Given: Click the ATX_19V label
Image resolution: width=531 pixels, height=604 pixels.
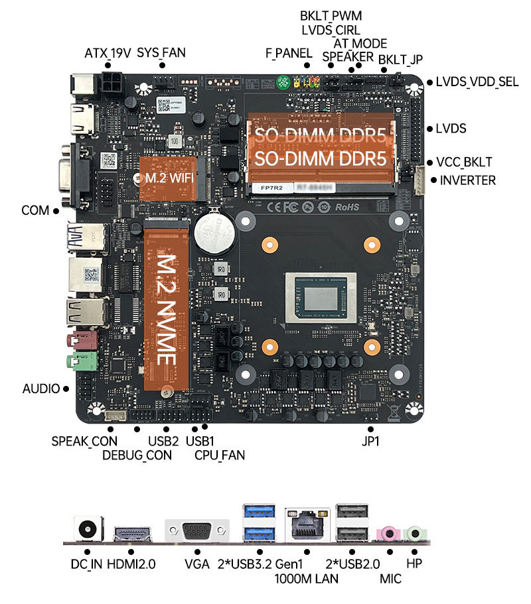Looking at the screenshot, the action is (108, 53).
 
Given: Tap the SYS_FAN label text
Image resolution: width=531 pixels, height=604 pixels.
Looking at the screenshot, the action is (161, 53).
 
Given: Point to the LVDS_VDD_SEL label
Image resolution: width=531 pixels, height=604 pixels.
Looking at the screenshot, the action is (477, 82).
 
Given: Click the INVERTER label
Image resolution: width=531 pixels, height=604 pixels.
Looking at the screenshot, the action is (467, 180).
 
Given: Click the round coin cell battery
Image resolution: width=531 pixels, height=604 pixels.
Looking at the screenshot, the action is (214, 232).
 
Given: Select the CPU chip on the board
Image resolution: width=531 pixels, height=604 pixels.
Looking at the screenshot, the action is (322, 298).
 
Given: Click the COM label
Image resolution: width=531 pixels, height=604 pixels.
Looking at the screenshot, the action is (35, 211).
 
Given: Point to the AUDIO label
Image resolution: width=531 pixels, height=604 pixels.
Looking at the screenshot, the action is (41, 389).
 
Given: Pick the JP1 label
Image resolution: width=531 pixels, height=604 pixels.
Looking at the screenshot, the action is (370, 441).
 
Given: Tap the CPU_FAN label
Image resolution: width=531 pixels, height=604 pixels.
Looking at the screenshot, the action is (220, 455).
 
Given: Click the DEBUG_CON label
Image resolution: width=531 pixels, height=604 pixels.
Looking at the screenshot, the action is (137, 455).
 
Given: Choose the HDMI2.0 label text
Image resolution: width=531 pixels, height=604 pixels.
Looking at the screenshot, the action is (131, 565).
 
